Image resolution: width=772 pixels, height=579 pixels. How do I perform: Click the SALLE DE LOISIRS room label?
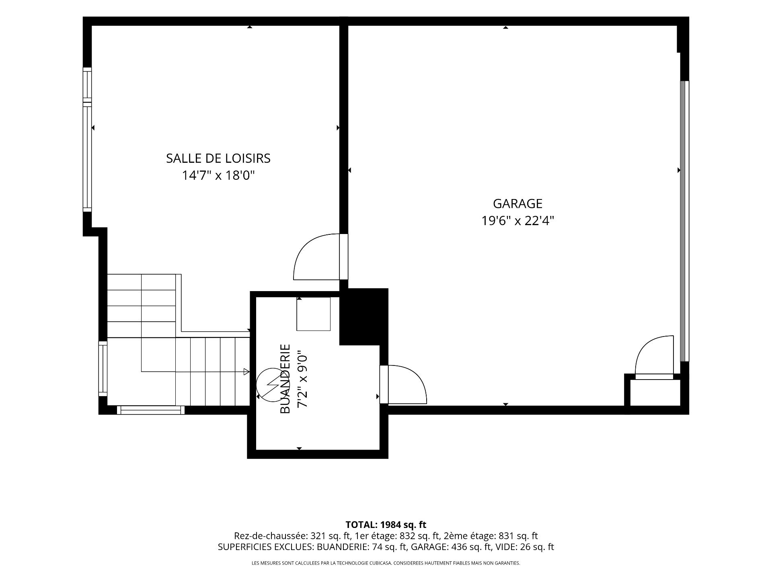pyautogui.click(x=218, y=158)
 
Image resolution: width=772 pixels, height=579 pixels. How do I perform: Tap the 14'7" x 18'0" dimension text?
pyautogui.click(x=219, y=176)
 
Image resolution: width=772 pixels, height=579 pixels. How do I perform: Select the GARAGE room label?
pyautogui.click(x=517, y=204)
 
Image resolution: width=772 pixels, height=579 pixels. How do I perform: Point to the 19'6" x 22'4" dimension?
pyautogui.click(x=518, y=221)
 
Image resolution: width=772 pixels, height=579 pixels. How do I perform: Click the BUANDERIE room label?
pyautogui.click(x=285, y=378)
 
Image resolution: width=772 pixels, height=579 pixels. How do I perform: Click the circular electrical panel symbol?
pyautogui.click(x=270, y=385)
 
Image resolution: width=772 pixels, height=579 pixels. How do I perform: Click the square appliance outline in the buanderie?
pyautogui.click(x=313, y=314)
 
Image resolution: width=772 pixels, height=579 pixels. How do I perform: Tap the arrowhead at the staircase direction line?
pyautogui.click(x=246, y=372)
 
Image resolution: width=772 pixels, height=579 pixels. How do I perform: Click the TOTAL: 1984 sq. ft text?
pyautogui.click(x=386, y=525)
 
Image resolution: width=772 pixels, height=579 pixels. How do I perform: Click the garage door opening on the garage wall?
pyautogui.click(x=685, y=221)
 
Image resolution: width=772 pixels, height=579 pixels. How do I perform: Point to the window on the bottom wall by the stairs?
pyautogui.click(x=151, y=410)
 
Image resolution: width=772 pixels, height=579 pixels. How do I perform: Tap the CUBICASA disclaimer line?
pyautogui.click(x=386, y=563)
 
